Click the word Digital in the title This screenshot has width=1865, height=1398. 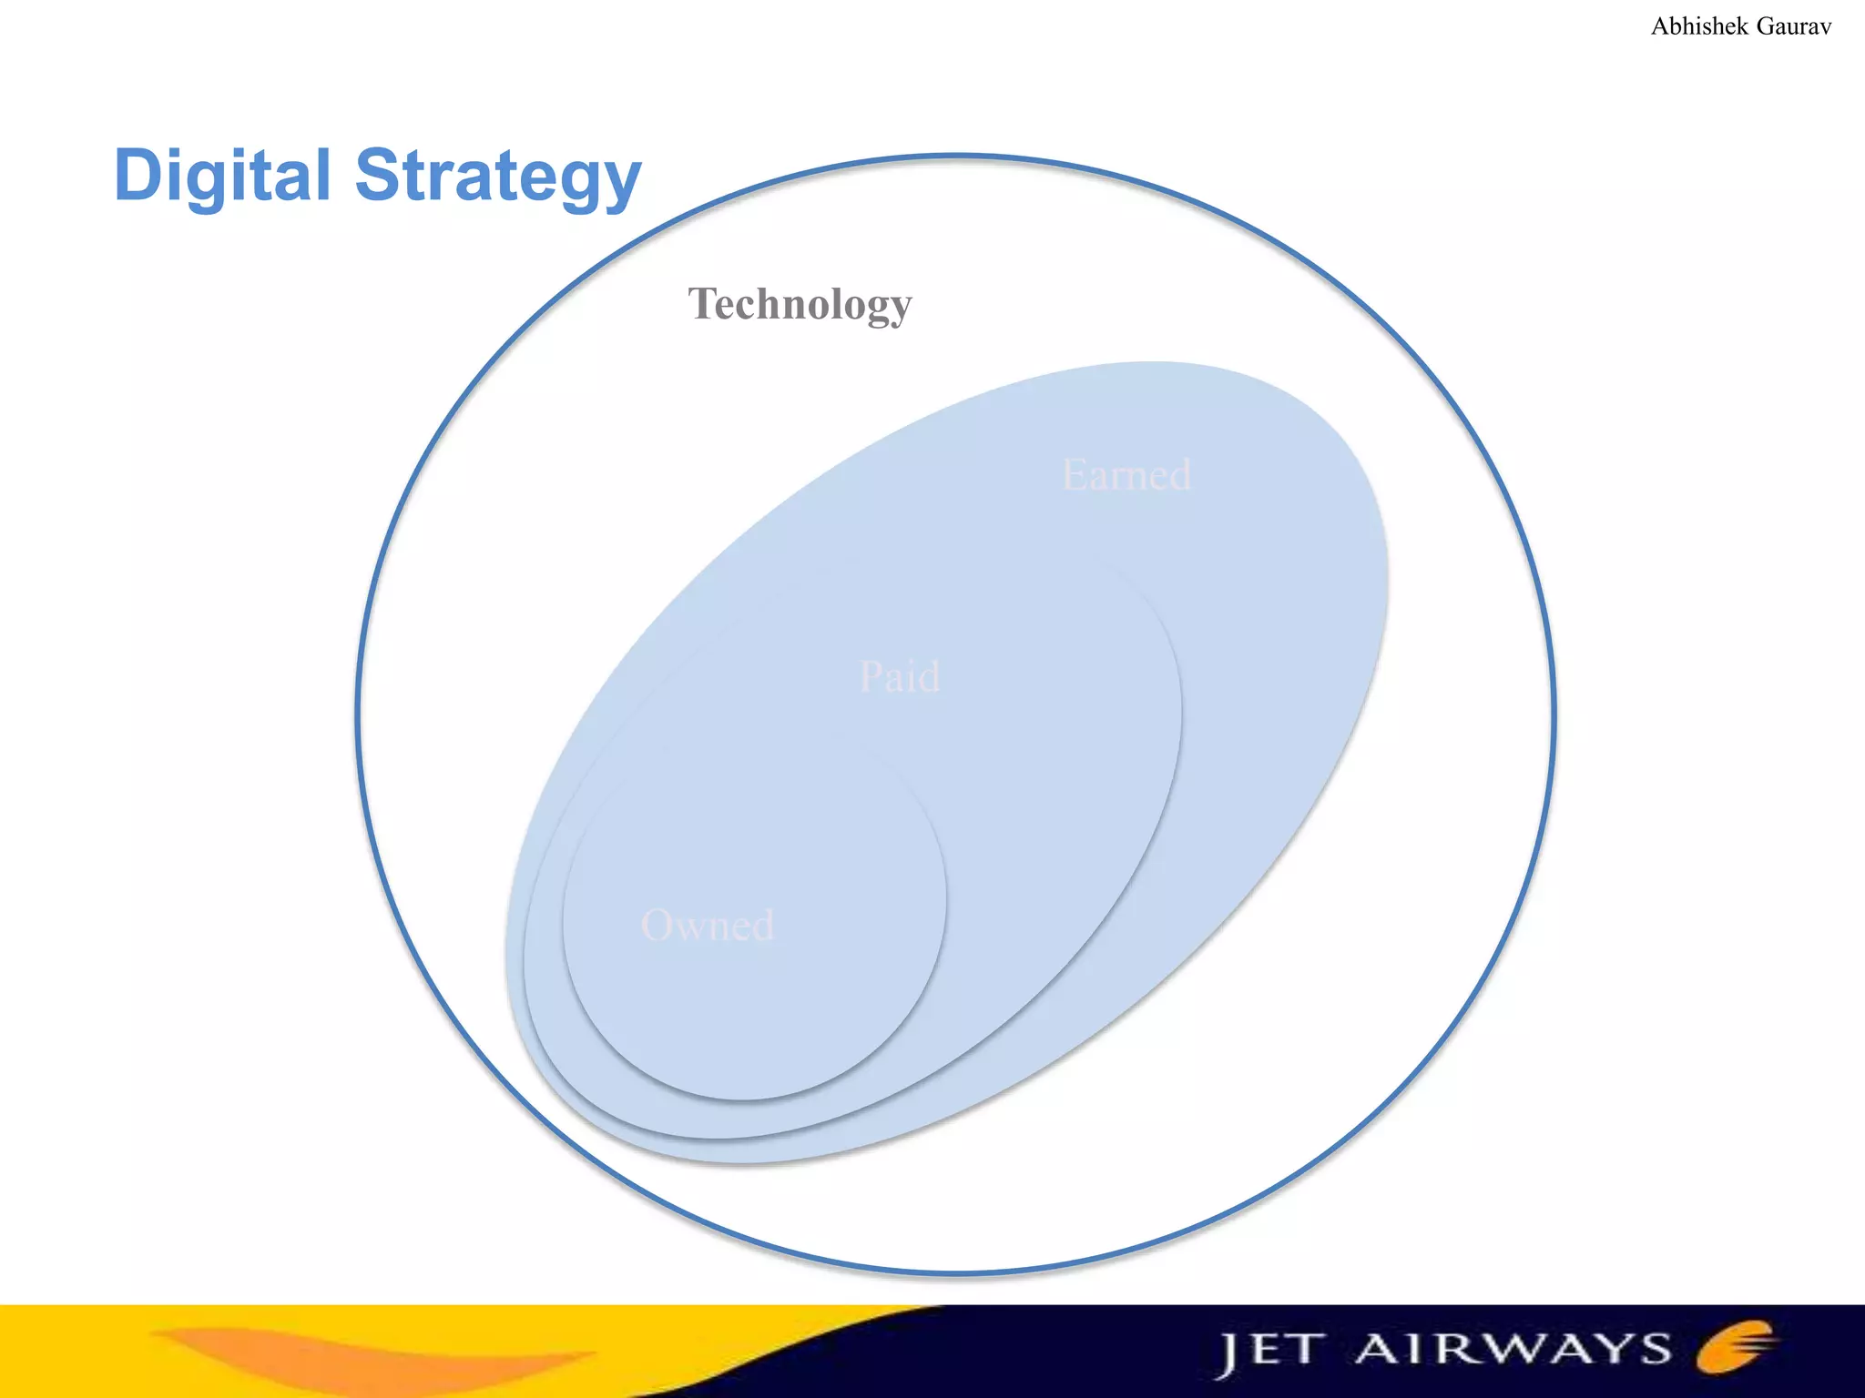click(222, 175)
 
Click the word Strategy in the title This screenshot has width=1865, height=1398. click(498, 175)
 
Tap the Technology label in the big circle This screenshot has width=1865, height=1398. click(800, 304)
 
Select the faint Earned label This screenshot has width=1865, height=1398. click(1126, 475)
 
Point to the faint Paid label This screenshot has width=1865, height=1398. click(900, 677)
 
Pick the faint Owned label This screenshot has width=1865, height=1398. click(708, 926)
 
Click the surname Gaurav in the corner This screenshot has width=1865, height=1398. click(1793, 26)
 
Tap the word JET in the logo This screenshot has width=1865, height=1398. click(1269, 1351)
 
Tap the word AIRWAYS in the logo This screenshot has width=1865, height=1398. click(1513, 1349)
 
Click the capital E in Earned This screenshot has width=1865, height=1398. click(1075, 475)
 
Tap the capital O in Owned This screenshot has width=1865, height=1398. click(657, 926)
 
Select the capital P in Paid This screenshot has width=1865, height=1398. click(871, 677)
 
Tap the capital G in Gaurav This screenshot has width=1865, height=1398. click(1766, 26)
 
